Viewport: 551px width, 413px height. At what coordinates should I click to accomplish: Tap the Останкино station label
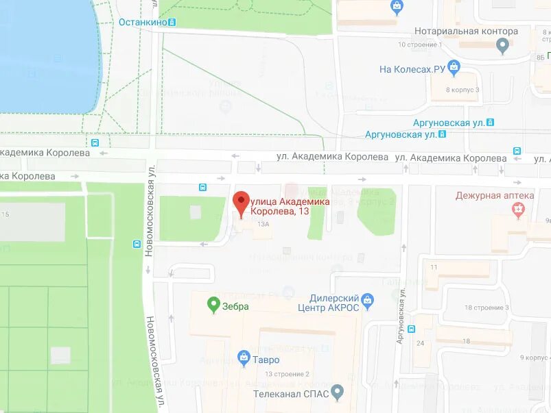click(143, 22)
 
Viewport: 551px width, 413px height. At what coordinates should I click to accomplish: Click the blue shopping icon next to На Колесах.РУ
click(454, 67)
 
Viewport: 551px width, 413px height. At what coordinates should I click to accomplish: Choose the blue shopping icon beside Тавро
click(243, 358)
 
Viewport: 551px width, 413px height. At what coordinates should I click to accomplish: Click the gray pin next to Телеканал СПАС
click(337, 392)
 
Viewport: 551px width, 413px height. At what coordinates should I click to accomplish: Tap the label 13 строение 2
click(288, 374)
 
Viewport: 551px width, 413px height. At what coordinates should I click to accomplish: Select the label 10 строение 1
click(420, 45)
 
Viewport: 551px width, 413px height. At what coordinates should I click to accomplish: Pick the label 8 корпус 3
click(462, 90)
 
